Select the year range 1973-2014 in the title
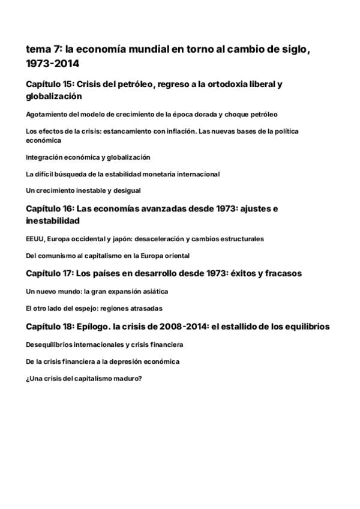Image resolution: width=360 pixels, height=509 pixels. click(52, 63)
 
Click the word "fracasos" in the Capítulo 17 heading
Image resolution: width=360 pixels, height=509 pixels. click(282, 273)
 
